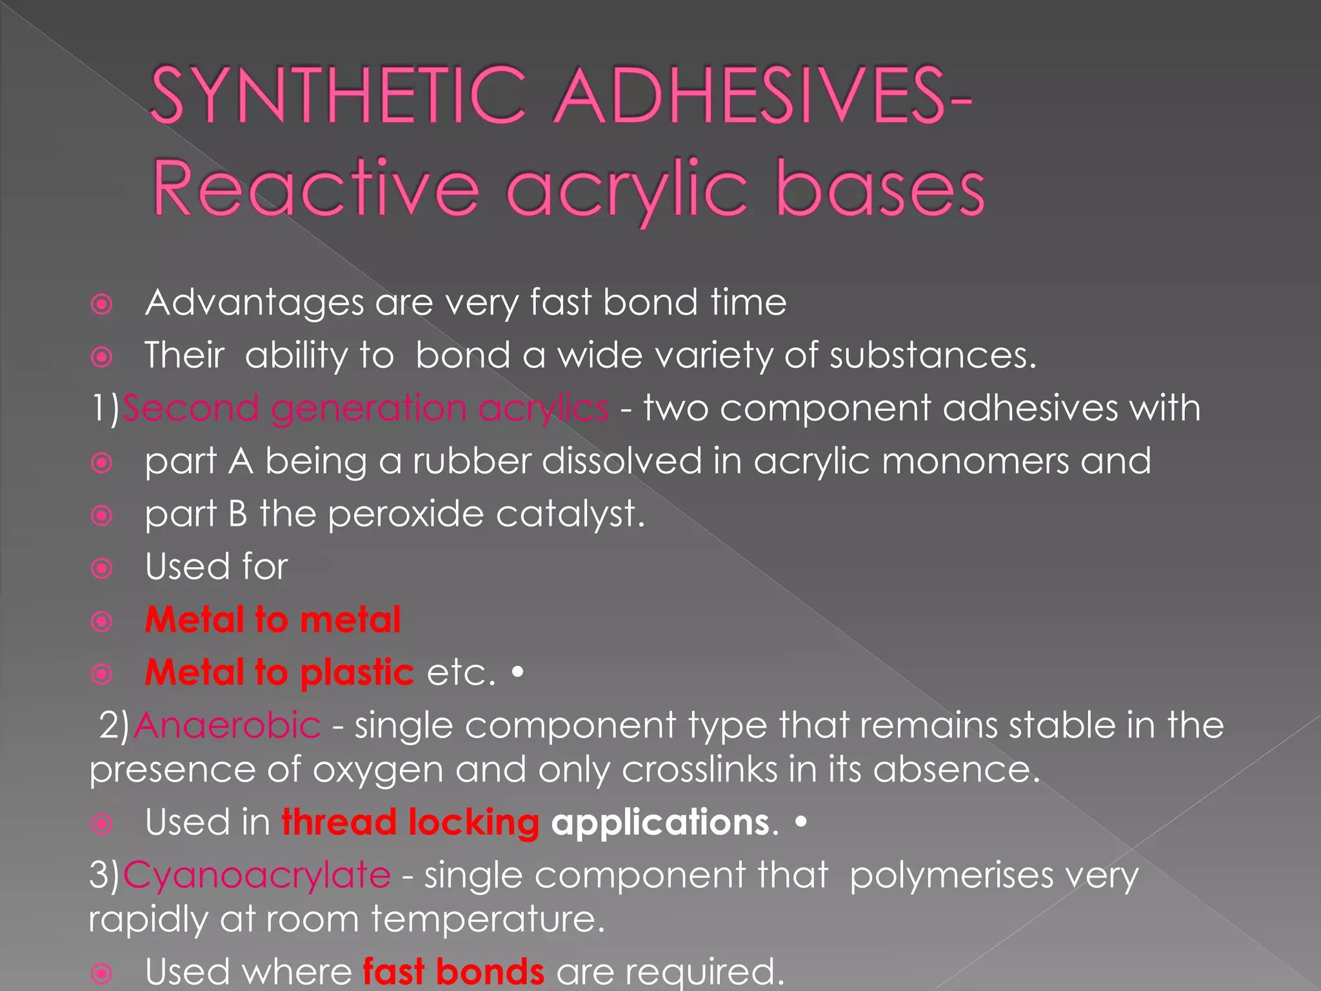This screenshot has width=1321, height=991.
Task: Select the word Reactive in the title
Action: (x=316, y=189)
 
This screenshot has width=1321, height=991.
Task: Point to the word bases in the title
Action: (x=880, y=189)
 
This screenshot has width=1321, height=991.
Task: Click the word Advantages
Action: (x=255, y=303)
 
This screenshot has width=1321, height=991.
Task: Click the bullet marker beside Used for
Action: (x=102, y=568)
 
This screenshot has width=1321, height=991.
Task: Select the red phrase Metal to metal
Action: (x=273, y=620)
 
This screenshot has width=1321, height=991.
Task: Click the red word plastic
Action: (x=357, y=673)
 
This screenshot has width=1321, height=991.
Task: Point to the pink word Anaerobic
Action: (x=227, y=725)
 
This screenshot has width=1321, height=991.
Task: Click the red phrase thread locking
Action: (x=410, y=823)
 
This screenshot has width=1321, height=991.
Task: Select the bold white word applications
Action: (x=660, y=823)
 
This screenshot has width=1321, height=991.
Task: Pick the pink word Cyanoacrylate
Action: (x=257, y=876)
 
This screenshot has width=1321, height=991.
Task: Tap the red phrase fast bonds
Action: (x=453, y=972)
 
